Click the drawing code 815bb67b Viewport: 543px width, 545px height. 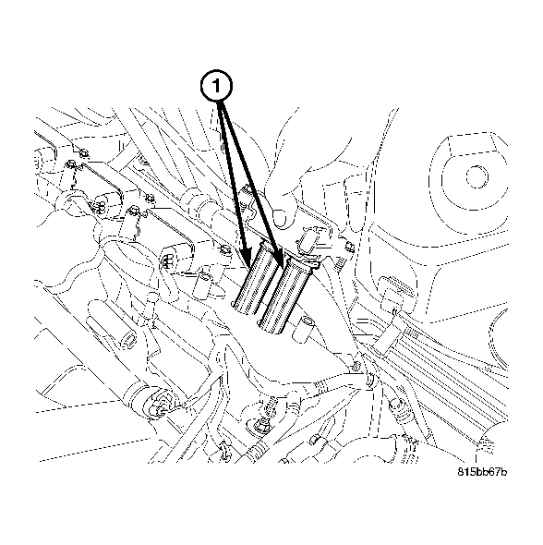click(x=482, y=471)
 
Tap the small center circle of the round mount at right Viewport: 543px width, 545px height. click(x=477, y=173)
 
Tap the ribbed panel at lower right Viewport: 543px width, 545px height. click(x=434, y=360)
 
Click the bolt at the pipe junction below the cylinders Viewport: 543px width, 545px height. click(x=367, y=378)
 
